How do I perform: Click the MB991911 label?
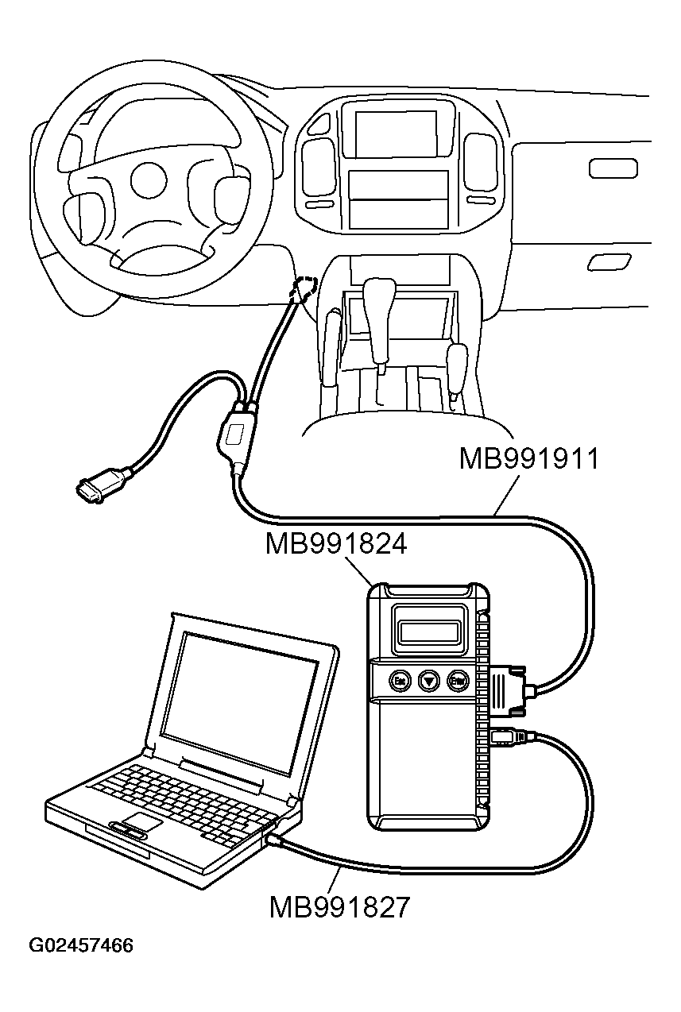tap(528, 460)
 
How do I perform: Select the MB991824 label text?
tap(336, 545)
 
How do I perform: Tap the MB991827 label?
tap(339, 906)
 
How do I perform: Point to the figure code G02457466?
tap(80, 946)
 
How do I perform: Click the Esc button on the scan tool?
tap(399, 680)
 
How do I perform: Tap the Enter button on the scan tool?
tap(457, 680)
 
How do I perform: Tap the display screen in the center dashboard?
tap(395, 133)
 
